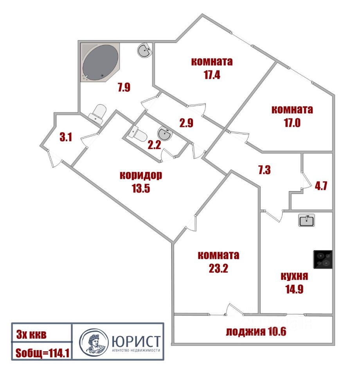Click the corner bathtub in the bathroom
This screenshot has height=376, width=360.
point(100,63)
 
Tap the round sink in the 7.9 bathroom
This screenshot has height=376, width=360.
point(144,51)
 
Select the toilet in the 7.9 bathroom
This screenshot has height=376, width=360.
point(98,112)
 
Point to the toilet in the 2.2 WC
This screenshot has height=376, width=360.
point(138,135)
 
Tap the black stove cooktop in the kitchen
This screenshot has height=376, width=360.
point(323,260)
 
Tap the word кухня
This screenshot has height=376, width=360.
point(294,276)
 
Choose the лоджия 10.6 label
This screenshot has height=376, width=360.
point(256,332)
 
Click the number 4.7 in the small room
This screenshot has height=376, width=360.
point(321,185)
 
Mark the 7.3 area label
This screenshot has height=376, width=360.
point(265,170)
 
